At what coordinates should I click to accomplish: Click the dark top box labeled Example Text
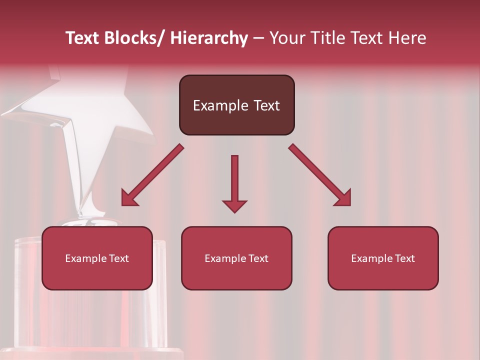click(x=236, y=105)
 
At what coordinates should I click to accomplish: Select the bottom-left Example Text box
click(x=97, y=258)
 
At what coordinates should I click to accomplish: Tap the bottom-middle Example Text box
click(x=236, y=258)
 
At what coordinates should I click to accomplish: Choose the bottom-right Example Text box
click(x=383, y=258)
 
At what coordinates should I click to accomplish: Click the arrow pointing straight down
click(x=234, y=182)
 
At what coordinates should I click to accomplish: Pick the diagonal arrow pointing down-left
click(x=152, y=175)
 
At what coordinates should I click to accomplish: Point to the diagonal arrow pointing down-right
click(x=320, y=175)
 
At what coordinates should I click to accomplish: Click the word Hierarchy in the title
click(x=209, y=38)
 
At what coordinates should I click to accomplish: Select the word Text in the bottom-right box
click(x=404, y=258)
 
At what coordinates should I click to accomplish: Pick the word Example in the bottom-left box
click(x=85, y=258)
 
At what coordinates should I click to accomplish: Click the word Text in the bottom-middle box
click(x=258, y=258)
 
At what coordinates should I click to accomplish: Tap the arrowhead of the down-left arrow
click(x=129, y=198)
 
